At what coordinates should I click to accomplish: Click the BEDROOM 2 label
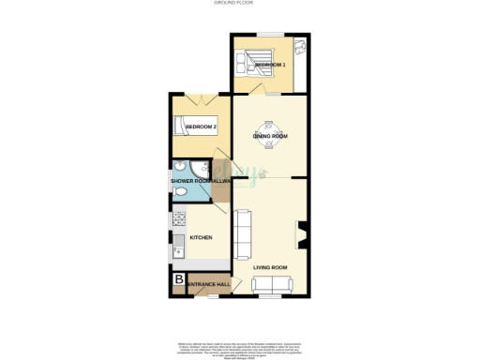201,127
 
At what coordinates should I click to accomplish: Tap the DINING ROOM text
269,137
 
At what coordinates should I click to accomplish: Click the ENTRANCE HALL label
209,285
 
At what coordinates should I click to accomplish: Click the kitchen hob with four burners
176,222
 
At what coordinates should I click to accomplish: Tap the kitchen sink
176,249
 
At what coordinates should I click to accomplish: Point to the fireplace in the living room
301,234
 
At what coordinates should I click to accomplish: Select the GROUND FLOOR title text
239,4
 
